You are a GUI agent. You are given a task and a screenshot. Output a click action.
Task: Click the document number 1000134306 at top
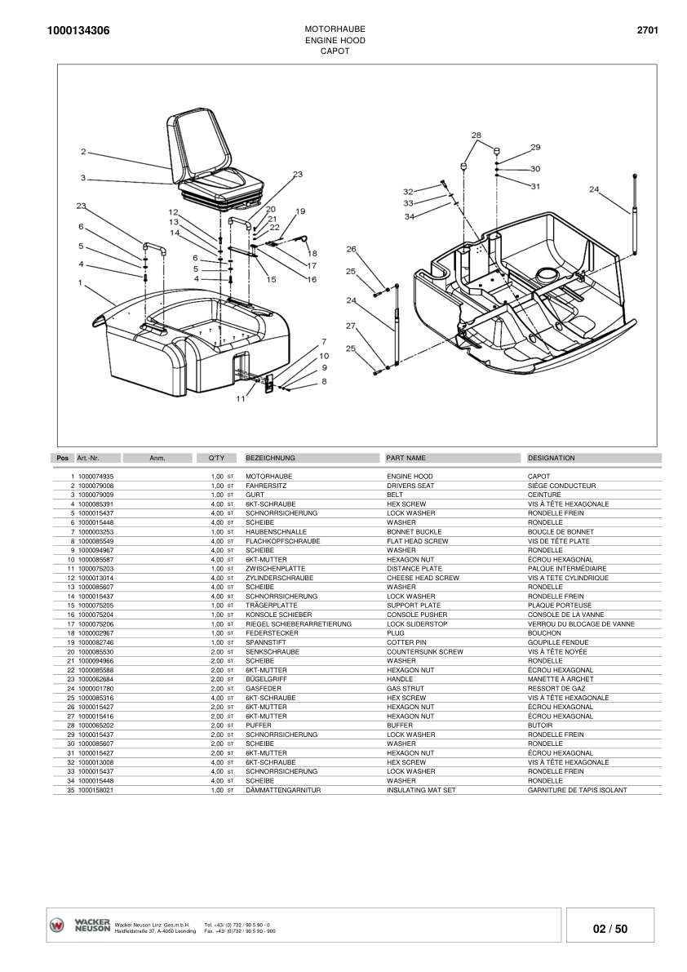click(x=79, y=31)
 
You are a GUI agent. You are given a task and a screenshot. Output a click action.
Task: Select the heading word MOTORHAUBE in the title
click(x=335, y=29)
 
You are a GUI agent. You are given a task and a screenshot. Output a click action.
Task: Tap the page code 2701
click(x=647, y=31)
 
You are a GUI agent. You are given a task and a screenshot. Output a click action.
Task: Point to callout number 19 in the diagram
click(x=300, y=211)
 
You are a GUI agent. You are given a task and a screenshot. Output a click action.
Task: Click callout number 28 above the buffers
click(x=476, y=135)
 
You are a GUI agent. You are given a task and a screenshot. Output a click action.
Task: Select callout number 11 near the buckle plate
click(x=241, y=399)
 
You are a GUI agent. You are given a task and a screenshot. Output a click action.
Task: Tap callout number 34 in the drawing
click(x=410, y=216)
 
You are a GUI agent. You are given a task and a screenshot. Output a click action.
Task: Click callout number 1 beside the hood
click(x=81, y=283)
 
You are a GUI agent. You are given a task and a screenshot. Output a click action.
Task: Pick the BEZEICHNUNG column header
click(x=270, y=458)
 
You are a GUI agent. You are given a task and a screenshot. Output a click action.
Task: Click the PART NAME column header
click(x=406, y=458)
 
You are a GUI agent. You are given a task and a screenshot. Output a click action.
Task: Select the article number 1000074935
click(x=95, y=476)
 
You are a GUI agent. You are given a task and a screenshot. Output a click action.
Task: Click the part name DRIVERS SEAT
click(x=410, y=486)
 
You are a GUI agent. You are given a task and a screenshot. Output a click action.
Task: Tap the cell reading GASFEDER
click(x=263, y=689)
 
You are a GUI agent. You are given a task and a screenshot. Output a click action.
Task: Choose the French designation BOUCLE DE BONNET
click(x=561, y=531)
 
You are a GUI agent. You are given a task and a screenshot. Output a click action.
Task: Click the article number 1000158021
click(x=95, y=790)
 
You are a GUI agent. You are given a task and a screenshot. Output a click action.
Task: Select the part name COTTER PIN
click(x=406, y=642)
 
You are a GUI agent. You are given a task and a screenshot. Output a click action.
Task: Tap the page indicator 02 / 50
click(x=610, y=929)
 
